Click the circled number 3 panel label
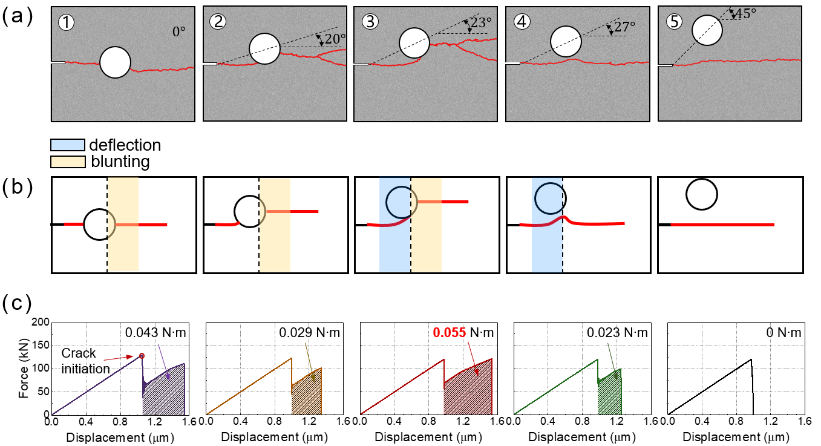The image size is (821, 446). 368,21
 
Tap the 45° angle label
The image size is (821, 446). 746,13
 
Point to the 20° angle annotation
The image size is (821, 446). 335,39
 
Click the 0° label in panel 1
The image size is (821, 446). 179,31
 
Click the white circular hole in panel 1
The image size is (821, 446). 115,62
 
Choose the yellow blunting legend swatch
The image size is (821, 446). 67,162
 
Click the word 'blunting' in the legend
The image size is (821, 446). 120,162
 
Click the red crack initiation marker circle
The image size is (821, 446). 142,356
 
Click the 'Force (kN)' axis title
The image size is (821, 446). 23,369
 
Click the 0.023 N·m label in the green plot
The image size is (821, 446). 617,332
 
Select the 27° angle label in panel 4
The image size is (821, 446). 625,27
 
